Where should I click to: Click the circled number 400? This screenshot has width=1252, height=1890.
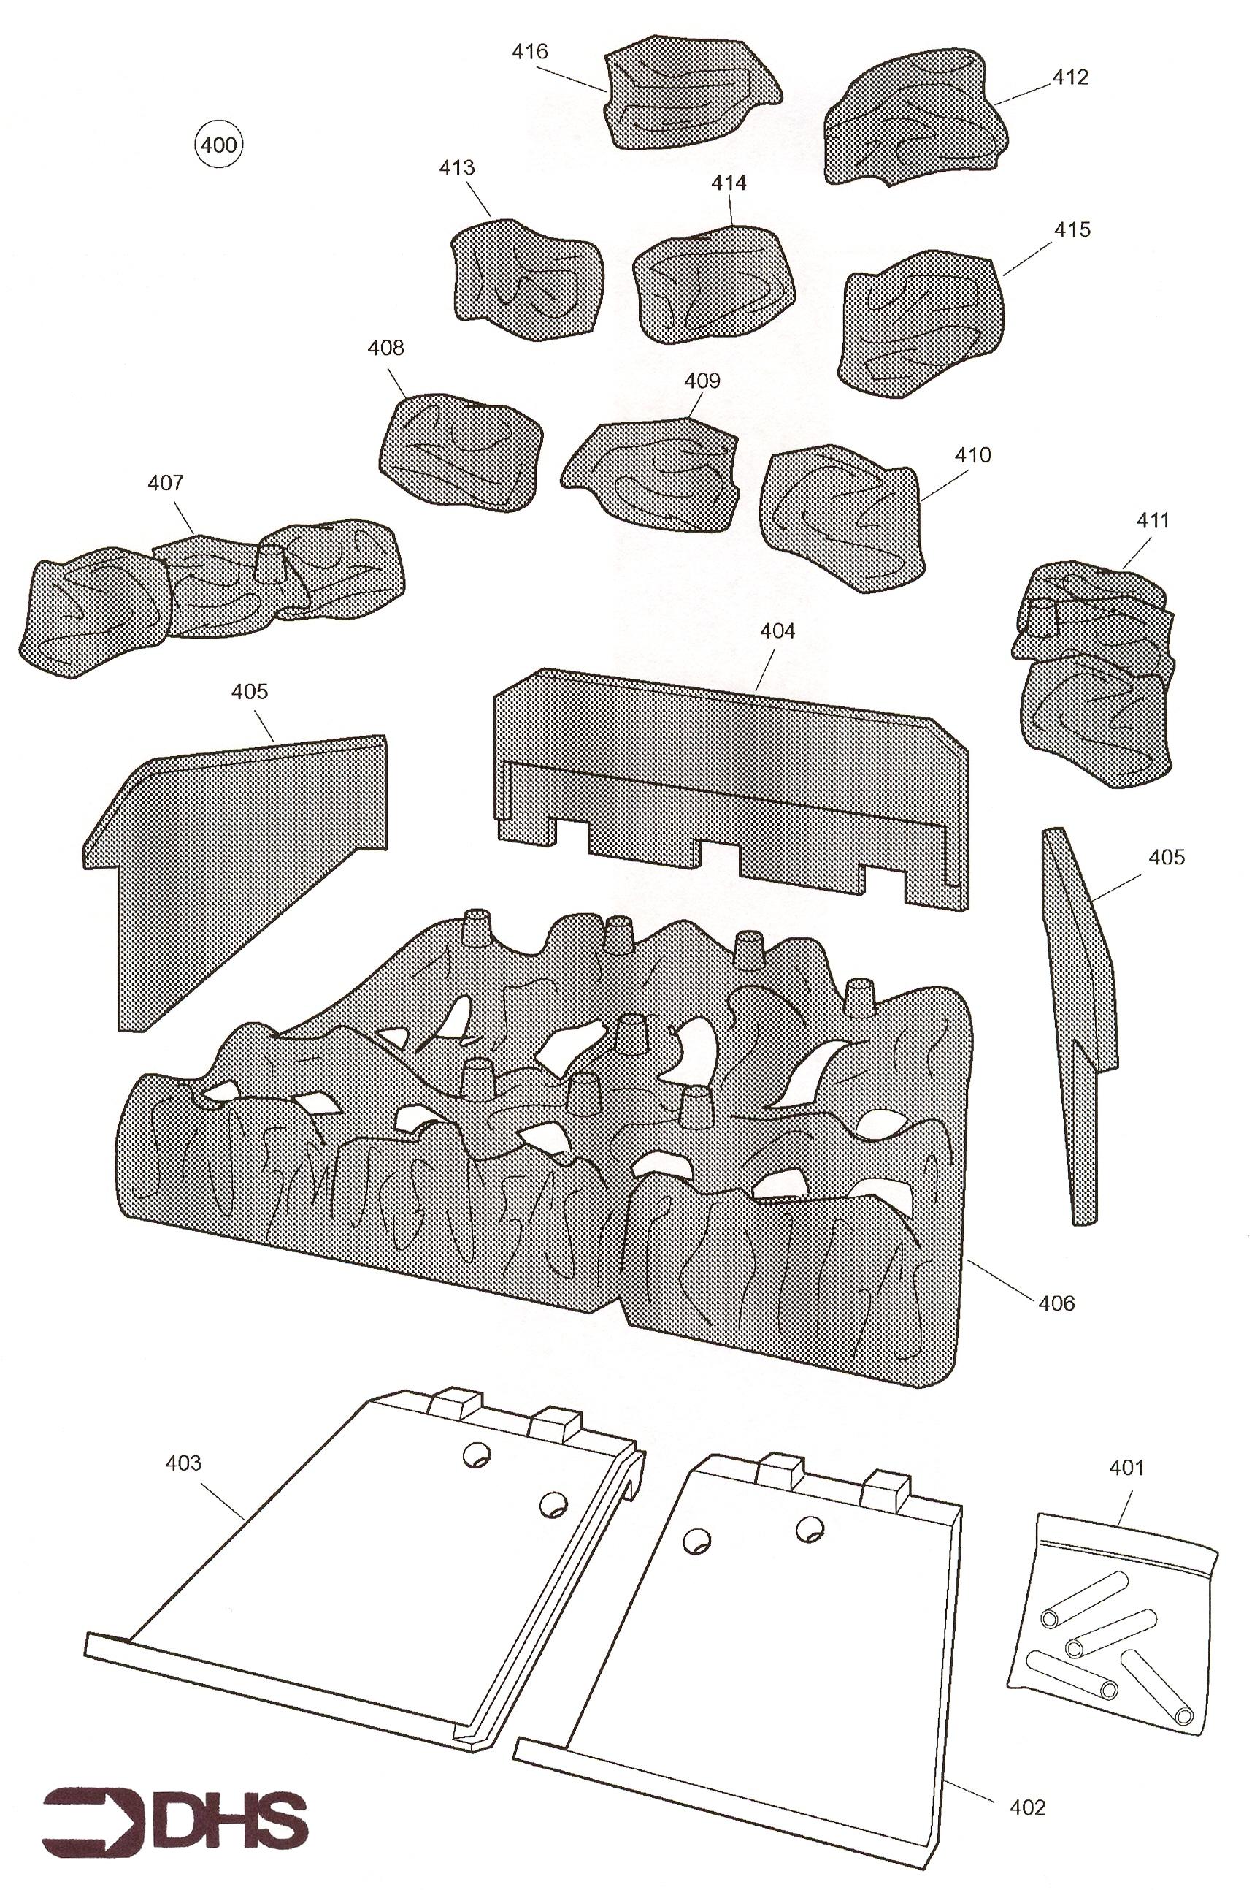click(x=220, y=145)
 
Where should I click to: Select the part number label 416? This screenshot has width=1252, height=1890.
click(x=530, y=52)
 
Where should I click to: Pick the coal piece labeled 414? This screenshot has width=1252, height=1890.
click(x=715, y=284)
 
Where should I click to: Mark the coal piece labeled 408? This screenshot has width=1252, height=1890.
click(x=461, y=451)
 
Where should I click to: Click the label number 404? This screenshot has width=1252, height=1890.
click(x=777, y=631)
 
